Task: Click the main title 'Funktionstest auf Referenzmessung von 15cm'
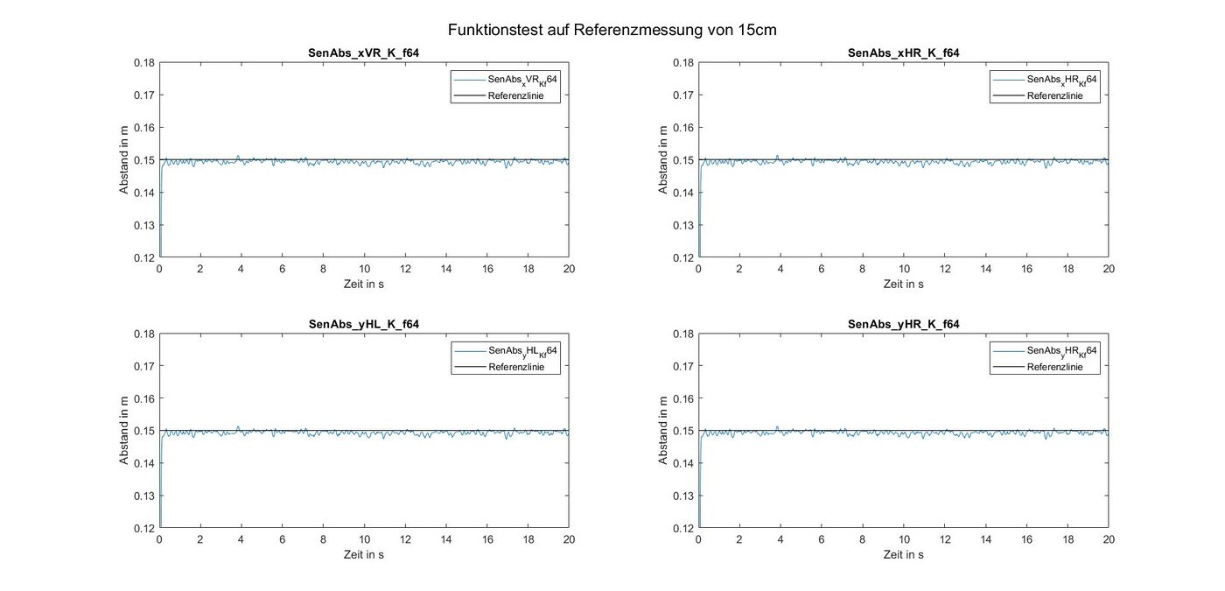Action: click(x=612, y=30)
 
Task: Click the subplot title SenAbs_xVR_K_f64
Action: click(x=363, y=53)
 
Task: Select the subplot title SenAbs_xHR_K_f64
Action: click(x=903, y=53)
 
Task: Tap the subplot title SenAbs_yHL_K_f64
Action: click(x=363, y=325)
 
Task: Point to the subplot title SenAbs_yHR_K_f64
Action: click(x=903, y=325)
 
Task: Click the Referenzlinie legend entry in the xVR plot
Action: click(x=522, y=96)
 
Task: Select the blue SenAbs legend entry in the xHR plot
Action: click(x=1061, y=80)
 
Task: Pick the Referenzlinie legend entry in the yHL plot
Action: click(x=522, y=368)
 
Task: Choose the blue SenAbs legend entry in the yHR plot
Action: click(x=1061, y=351)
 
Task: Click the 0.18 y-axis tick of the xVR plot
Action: click(x=143, y=63)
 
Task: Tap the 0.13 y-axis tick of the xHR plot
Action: click(x=682, y=225)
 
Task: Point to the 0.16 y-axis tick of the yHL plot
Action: click(x=143, y=398)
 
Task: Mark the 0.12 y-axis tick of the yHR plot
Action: click(x=682, y=528)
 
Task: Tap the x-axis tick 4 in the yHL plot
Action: click(x=241, y=541)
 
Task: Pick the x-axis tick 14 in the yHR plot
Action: click(x=985, y=541)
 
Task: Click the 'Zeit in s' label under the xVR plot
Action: click(x=364, y=284)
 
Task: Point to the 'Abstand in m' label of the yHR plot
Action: click(x=663, y=431)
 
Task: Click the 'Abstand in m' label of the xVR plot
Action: click(x=124, y=159)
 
